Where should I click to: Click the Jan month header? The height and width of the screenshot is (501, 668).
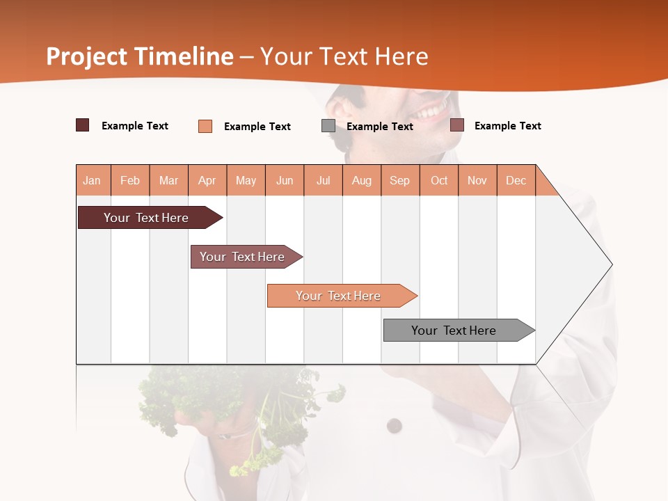click(x=92, y=180)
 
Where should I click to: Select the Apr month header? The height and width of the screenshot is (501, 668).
click(x=207, y=180)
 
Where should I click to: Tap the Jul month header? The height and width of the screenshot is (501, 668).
click(x=323, y=180)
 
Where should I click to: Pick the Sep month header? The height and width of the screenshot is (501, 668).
click(x=399, y=180)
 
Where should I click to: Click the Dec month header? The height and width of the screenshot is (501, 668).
click(x=516, y=180)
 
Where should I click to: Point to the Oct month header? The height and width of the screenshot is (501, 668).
click(x=439, y=180)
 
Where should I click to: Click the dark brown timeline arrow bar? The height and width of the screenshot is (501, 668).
click(x=146, y=218)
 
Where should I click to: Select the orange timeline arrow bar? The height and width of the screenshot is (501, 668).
click(x=338, y=296)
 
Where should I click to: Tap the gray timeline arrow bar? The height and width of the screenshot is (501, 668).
click(x=454, y=331)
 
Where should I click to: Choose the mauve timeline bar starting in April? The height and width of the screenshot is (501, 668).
click(x=242, y=257)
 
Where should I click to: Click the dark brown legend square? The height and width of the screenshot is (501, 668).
click(x=82, y=125)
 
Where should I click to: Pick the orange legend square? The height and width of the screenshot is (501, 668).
click(x=205, y=126)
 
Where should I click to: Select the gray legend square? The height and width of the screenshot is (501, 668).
click(x=328, y=126)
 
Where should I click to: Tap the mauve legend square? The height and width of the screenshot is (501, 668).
click(x=457, y=125)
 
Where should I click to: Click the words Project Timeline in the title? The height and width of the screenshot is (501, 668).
click(x=139, y=56)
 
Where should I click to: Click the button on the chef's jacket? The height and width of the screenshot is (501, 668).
click(x=395, y=424)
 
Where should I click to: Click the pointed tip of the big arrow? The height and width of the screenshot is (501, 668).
click(x=611, y=264)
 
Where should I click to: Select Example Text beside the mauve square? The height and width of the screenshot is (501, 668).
click(x=507, y=125)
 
